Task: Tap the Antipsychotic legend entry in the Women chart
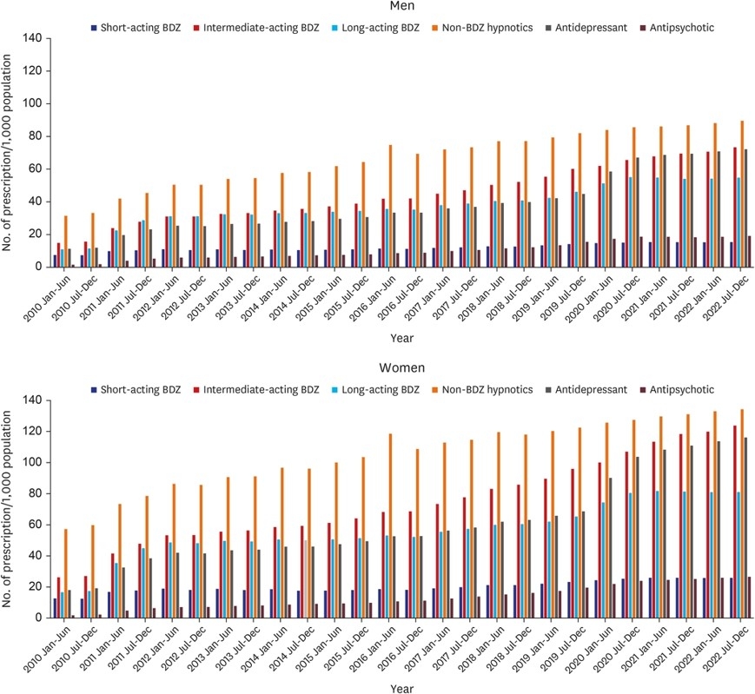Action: pos(683,389)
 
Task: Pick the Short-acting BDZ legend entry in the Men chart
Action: pos(136,27)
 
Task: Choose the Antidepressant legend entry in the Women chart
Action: pos(583,389)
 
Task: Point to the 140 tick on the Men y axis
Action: pos(32,38)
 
